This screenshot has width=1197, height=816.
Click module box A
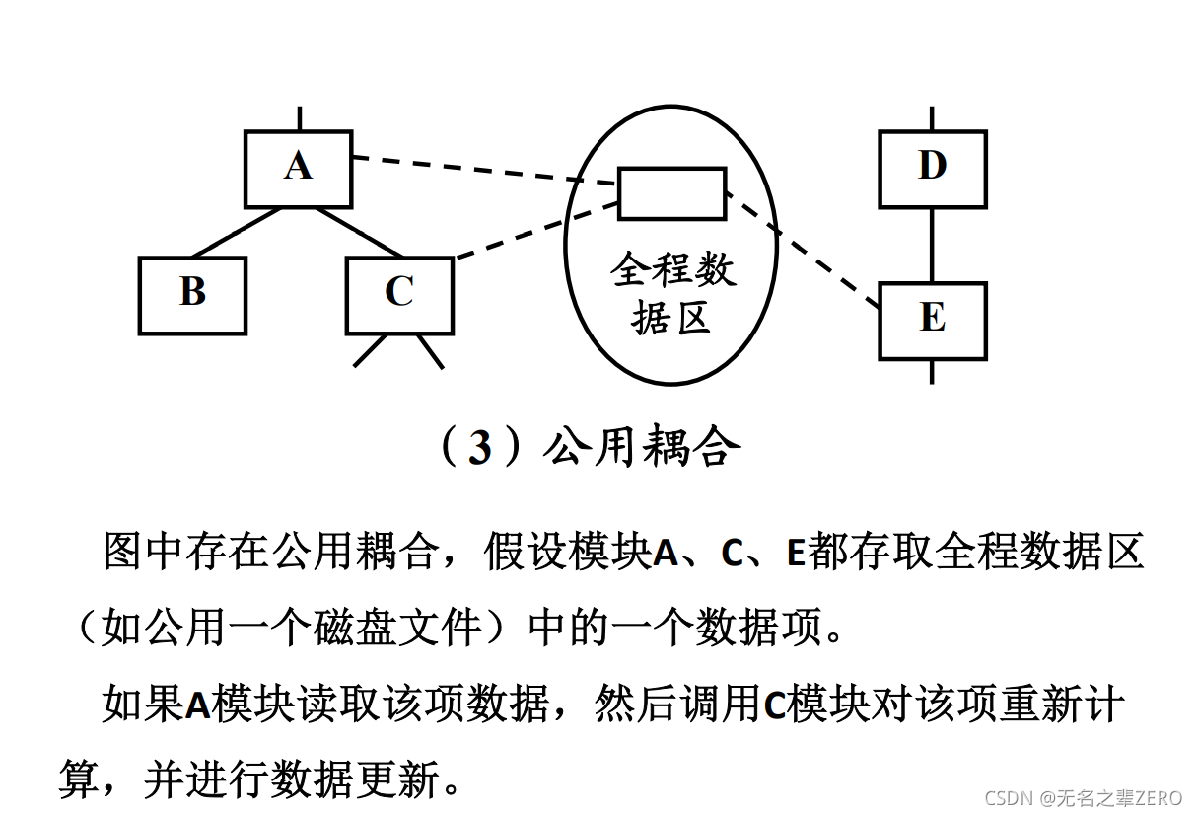[298, 168]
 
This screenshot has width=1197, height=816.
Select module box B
[192, 294]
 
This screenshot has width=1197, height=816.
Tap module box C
[399, 294]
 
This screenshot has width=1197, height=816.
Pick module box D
[932, 168]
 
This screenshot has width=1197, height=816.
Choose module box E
[932, 320]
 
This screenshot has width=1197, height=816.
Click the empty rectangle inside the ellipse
[671, 192]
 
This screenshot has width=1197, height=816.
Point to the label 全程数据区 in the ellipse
[671, 294]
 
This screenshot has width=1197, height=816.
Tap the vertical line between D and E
[932, 245]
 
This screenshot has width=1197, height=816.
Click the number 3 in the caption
[479, 448]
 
